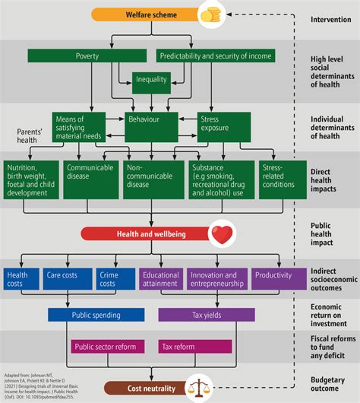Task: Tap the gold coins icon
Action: click(209, 14)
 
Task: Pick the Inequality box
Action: click(151, 80)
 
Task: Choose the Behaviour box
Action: click(151, 120)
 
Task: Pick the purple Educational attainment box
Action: click(159, 279)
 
